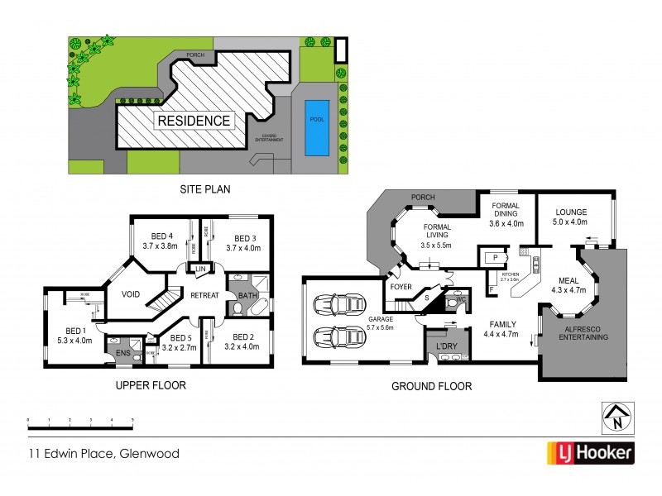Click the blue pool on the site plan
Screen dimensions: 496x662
tap(315, 128)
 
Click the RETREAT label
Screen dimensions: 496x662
tap(204, 294)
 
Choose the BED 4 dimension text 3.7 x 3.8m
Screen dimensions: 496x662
tap(161, 246)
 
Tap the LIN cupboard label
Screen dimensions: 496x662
tap(200, 267)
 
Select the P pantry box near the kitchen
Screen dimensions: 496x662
tap(494, 258)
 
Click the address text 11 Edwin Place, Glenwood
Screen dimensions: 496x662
tap(103, 453)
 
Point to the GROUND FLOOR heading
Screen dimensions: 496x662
tap(433, 386)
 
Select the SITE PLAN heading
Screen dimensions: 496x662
tap(204, 188)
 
